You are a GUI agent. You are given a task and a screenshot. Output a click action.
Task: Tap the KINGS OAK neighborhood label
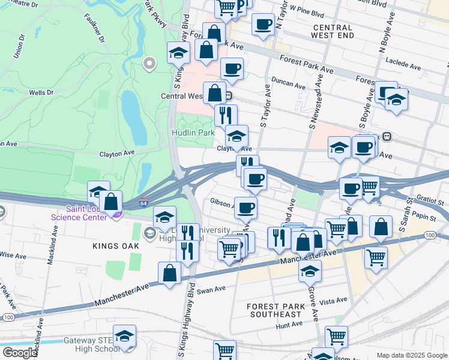click(x=116, y=246)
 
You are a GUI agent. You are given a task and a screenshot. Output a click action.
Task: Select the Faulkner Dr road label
click(x=95, y=28)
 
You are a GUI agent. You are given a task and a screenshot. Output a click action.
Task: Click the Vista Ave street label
click(x=333, y=300)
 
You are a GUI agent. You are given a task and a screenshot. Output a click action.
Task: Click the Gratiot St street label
click(x=428, y=196)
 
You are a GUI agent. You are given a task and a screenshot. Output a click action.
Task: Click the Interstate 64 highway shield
click(x=143, y=203)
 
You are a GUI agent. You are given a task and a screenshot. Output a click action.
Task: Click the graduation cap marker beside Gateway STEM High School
click(x=124, y=337)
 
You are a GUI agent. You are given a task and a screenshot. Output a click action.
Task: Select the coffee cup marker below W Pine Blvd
click(x=262, y=25)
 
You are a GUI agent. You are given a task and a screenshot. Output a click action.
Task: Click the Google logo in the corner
click(x=19, y=353)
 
